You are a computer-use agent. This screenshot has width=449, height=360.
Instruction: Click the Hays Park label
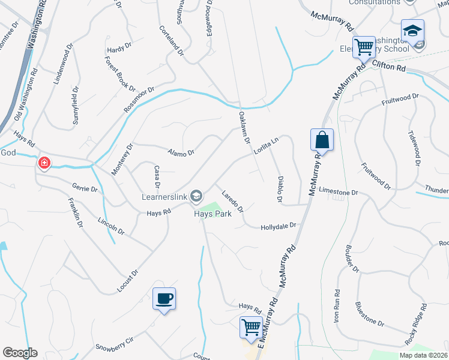point(212,213)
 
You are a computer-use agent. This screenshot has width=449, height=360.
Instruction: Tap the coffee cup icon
point(164,298)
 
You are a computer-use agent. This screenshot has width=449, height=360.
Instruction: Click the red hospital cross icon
point(44,163)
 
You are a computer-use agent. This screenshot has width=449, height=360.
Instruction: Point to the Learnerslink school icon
point(196,195)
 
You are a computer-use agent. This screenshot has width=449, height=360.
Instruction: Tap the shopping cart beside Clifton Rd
point(364,46)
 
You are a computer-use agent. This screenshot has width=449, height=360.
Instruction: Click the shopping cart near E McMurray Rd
point(251,327)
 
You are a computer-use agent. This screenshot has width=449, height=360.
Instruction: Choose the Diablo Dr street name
point(279,189)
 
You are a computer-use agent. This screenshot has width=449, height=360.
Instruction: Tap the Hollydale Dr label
point(279,227)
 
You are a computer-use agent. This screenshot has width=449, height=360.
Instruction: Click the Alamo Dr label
point(181,153)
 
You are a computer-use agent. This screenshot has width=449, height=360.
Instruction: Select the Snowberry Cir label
point(115,347)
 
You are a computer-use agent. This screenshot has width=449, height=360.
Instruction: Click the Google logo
point(20,353)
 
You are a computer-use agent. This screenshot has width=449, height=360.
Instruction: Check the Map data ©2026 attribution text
point(423,355)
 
